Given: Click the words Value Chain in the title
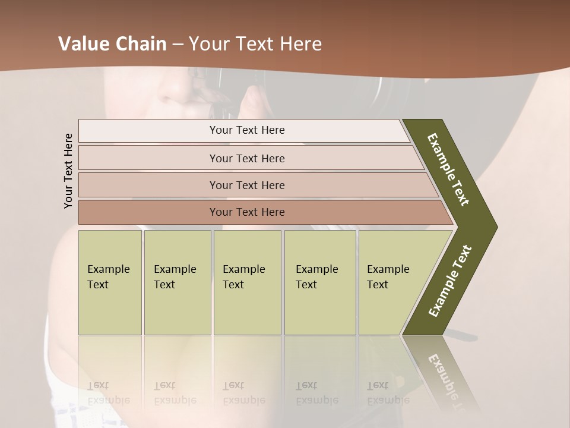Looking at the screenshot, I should click(112, 44).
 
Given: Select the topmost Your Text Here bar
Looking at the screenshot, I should click(246, 130).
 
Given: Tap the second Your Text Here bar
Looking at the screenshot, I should click(246, 158).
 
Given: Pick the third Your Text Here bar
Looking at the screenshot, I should click(246, 185).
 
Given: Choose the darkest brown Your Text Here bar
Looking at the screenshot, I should click(246, 212).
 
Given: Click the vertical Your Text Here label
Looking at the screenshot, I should click(68, 171).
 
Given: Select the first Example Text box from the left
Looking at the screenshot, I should click(110, 282).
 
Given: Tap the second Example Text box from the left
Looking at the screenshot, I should click(177, 282).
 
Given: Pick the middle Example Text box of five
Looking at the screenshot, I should click(247, 282).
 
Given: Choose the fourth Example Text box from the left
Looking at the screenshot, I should click(319, 282).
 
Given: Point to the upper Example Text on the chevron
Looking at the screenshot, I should click(449, 169).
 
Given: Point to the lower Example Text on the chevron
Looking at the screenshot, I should click(449, 281).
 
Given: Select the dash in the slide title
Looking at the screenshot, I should click(178, 45).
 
